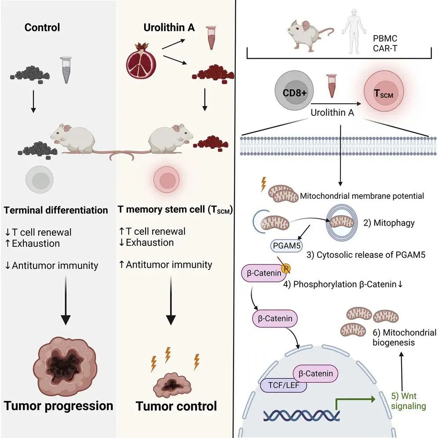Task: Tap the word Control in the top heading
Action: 42,27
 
